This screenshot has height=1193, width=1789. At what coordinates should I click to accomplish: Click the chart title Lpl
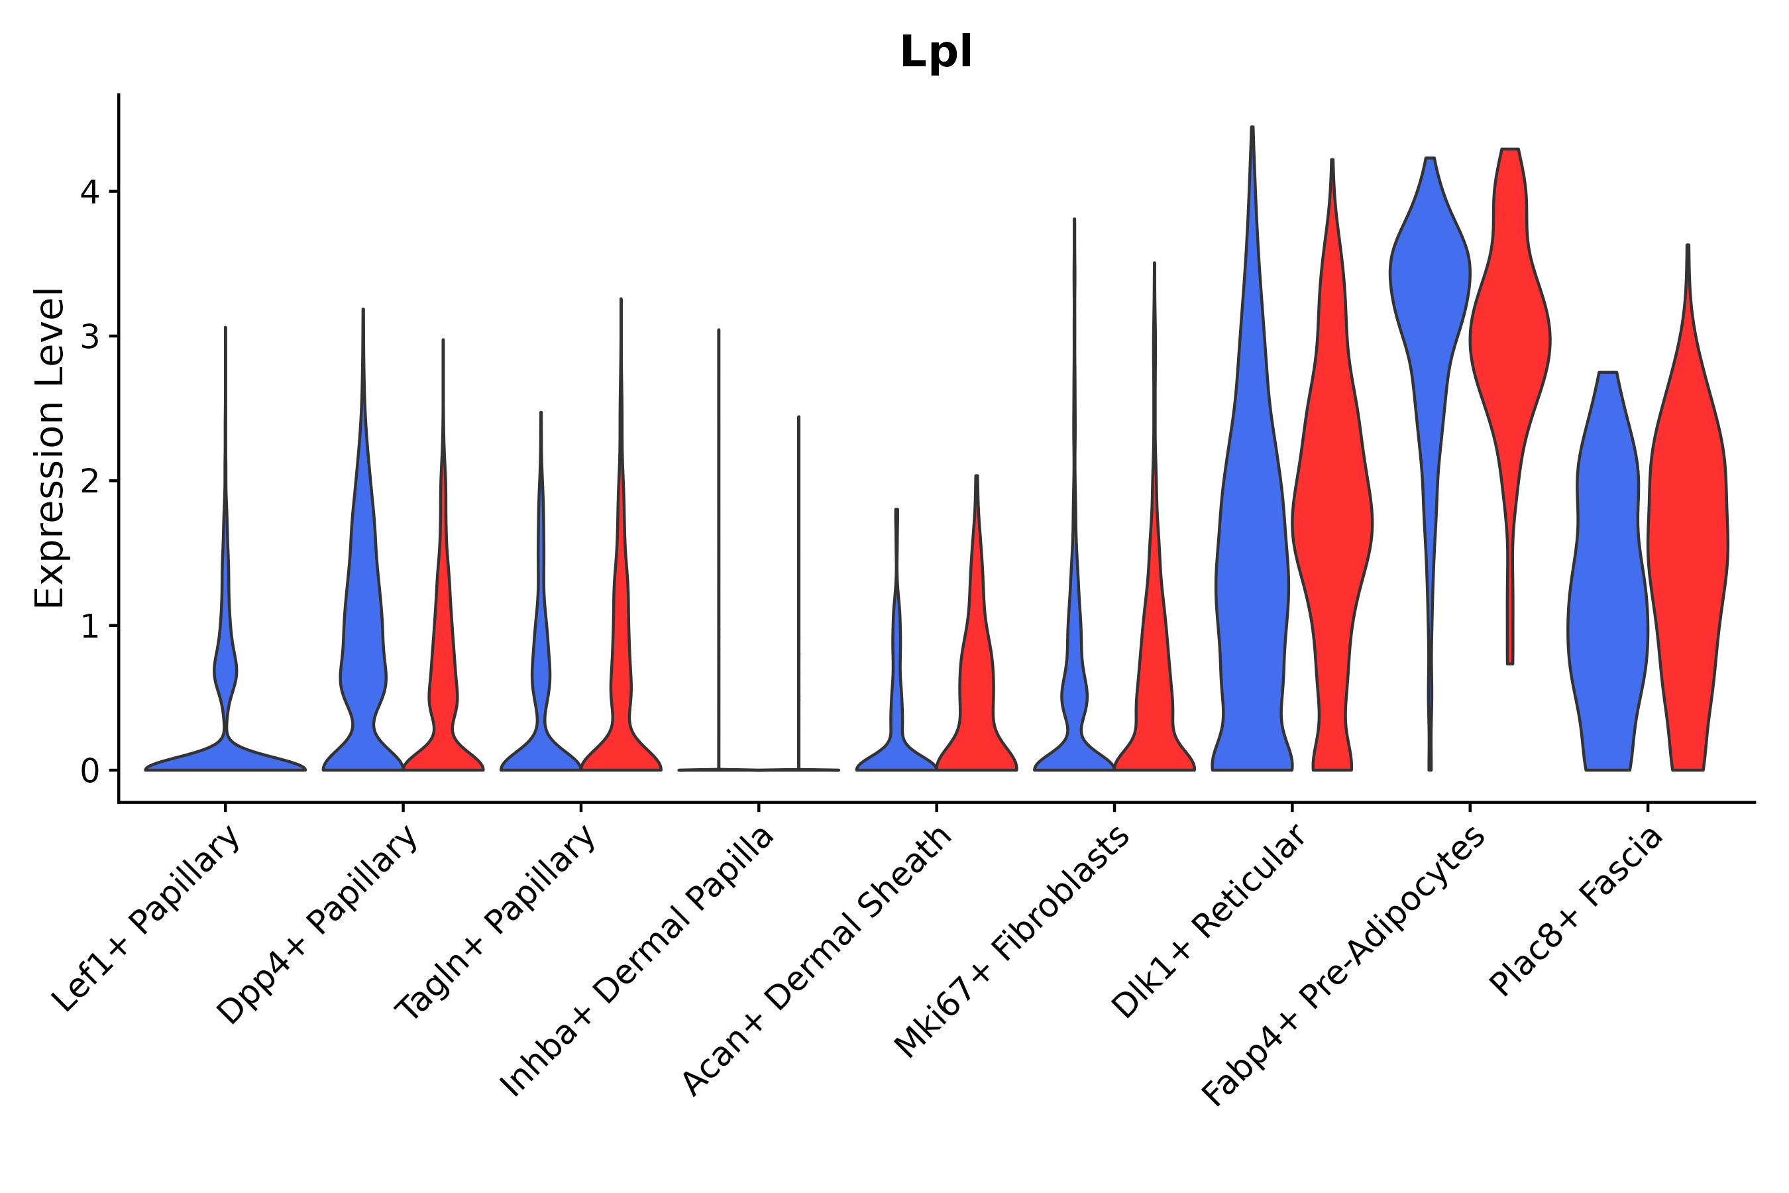coord(936,52)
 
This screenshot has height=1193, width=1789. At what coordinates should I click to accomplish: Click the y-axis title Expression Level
coord(50,448)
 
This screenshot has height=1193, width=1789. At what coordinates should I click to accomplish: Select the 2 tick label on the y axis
coord(89,481)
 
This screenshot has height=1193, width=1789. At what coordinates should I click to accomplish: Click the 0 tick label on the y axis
coord(89,771)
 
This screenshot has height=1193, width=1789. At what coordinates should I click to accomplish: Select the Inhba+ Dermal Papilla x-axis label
coord(637,962)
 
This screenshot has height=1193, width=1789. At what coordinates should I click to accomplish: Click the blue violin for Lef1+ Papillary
coord(225,753)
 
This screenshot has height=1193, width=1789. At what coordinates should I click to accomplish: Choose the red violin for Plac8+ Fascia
coord(1687,533)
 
